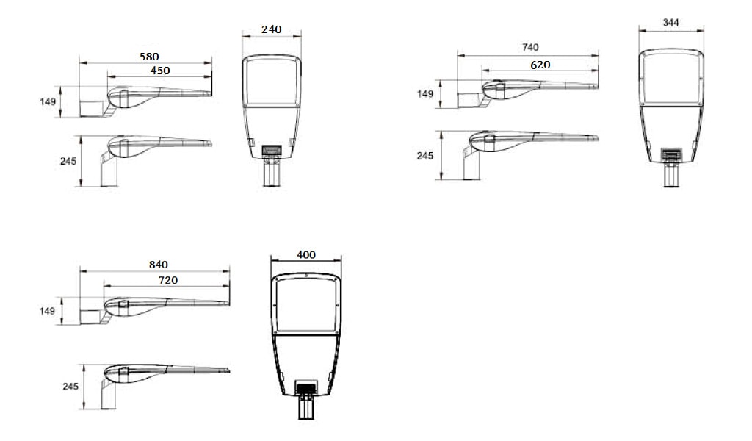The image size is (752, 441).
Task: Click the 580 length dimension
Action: (149, 56)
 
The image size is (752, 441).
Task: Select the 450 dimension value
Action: (160, 71)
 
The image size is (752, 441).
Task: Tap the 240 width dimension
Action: (272, 29)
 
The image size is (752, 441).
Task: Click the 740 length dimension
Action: (530, 47)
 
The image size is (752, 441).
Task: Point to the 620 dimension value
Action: (540, 65)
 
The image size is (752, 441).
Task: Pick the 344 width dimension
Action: (670, 23)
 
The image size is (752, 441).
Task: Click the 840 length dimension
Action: (159, 265)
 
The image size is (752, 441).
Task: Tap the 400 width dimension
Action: (306, 254)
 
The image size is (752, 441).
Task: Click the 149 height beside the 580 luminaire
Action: (48, 101)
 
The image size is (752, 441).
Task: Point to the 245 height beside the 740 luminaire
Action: (425, 156)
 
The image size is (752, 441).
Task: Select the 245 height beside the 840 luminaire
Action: (70, 387)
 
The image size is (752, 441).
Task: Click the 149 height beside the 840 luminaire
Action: (48, 311)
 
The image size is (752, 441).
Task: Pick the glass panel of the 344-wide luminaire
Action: (670, 77)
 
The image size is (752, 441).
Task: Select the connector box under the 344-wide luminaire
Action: (670, 155)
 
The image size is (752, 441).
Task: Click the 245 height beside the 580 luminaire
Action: (69, 161)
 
